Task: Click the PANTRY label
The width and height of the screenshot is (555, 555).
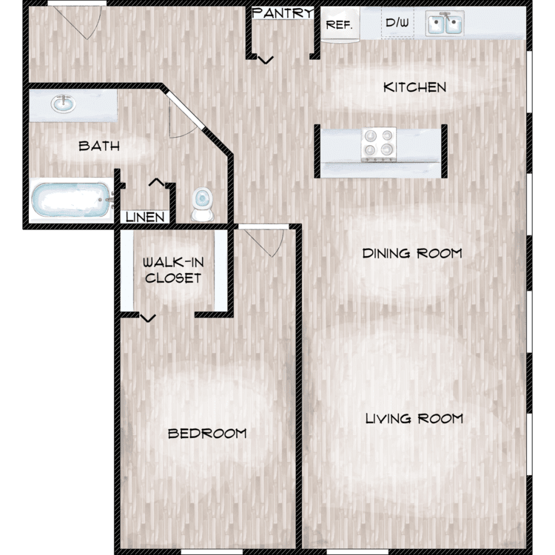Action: [283, 13]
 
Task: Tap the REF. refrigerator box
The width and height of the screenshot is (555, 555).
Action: [340, 24]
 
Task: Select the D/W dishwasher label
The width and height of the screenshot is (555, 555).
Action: [397, 23]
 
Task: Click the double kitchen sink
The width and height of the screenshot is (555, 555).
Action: [445, 24]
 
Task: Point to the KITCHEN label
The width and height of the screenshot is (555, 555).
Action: [415, 87]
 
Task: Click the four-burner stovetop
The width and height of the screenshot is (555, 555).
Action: [379, 144]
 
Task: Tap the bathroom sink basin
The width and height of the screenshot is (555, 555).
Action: [64, 104]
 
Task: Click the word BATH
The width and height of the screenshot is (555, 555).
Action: [99, 146]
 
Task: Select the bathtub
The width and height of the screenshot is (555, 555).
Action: [72, 200]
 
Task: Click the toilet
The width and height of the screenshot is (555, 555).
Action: [203, 204]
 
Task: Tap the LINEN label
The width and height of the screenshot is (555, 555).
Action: [145, 217]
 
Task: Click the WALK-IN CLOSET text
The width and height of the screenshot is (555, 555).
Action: [173, 270]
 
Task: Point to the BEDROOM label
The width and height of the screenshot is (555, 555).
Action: [207, 434]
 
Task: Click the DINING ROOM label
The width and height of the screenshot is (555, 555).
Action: [412, 253]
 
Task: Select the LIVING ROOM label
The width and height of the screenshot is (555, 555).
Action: [414, 419]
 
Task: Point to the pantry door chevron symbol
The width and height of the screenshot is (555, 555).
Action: [266, 60]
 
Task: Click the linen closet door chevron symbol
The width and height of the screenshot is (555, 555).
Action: [156, 182]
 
